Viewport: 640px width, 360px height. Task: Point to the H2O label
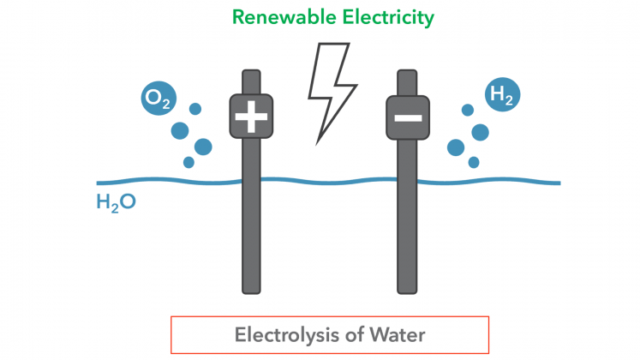pos(116,205)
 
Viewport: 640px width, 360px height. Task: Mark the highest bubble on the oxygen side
pos(195,109)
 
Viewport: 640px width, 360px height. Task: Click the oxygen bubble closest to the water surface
pos(188,162)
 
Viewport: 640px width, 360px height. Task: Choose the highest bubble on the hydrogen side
pos(468,110)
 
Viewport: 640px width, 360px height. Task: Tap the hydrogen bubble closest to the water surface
pos(474,161)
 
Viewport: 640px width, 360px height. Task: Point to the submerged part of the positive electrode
pos(251,240)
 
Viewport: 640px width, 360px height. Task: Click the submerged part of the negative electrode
pos(408,240)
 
